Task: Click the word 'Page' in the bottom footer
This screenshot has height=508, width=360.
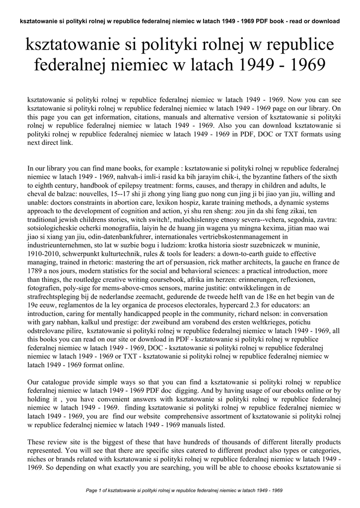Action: point(92,491)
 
